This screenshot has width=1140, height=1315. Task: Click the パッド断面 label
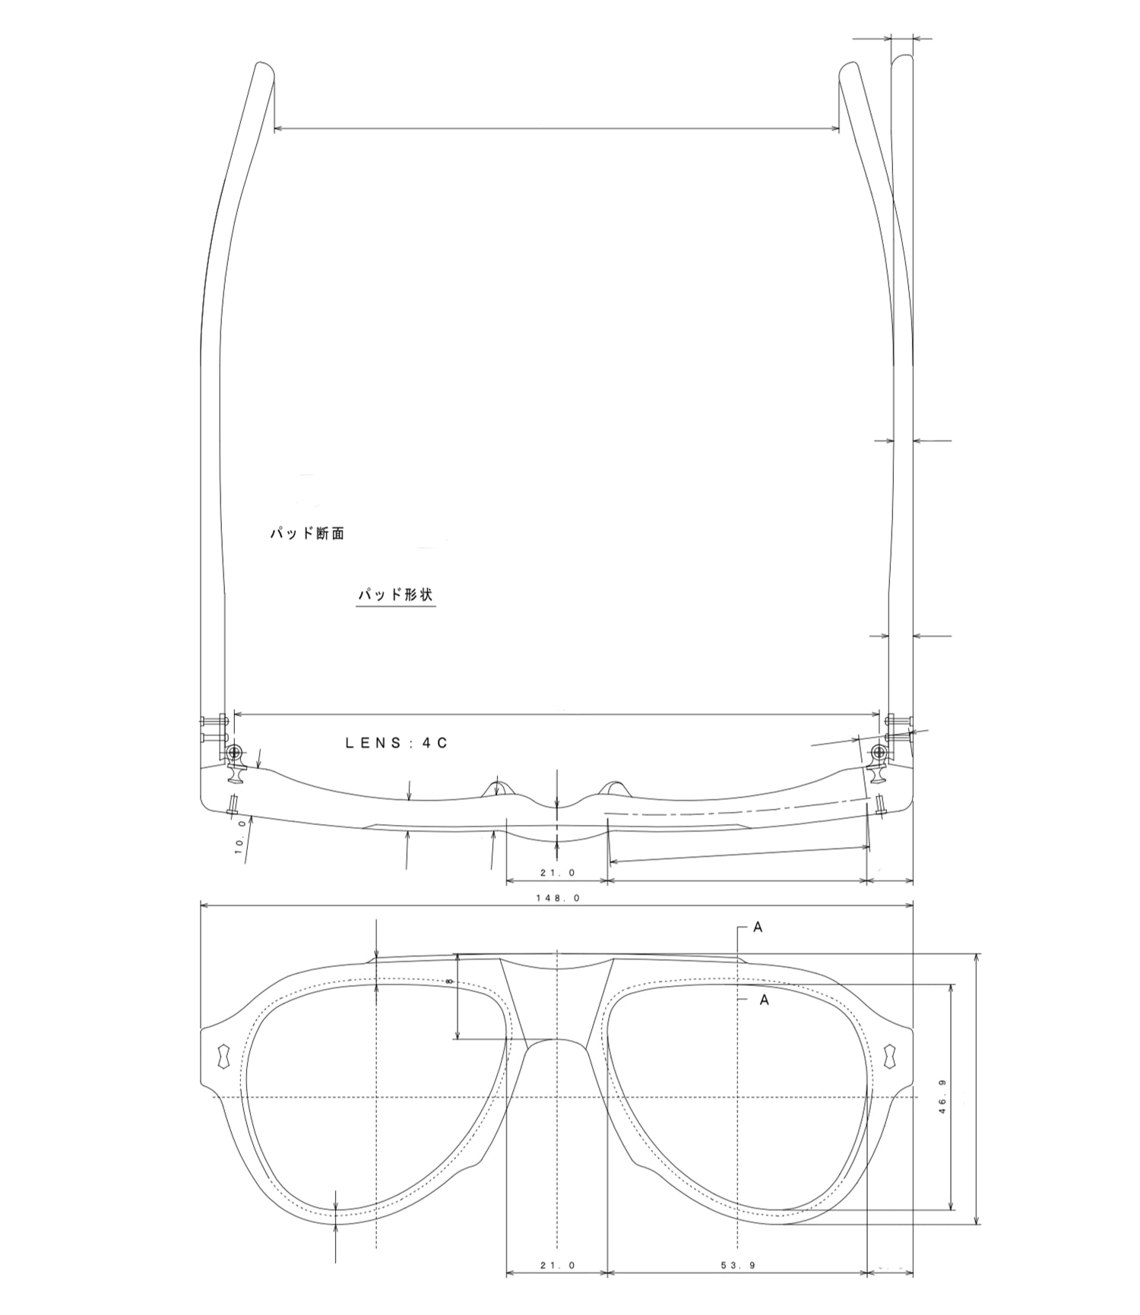coord(307,533)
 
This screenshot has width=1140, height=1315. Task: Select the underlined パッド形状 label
coord(395,594)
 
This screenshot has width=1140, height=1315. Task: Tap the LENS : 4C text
coord(397,743)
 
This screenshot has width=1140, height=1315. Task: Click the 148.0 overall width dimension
coord(558,897)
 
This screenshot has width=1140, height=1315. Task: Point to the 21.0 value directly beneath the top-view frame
coord(558,873)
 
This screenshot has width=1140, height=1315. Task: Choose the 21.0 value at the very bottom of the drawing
coord(558,1265)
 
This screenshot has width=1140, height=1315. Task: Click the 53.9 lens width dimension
coord(737,1265)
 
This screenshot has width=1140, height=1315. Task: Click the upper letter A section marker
coord(757,927)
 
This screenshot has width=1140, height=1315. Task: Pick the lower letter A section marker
coord(764,1000)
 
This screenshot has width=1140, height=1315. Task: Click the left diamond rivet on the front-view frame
coord(223,1056)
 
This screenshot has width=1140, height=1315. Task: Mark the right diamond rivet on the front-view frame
coord(890,1056)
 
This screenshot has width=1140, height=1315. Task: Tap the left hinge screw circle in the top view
coord(235,752)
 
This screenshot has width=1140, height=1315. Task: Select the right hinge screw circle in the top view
coord(879,752)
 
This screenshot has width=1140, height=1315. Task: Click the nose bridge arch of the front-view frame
coord(557,1042)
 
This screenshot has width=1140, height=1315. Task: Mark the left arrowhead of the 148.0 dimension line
coord(204,905)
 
